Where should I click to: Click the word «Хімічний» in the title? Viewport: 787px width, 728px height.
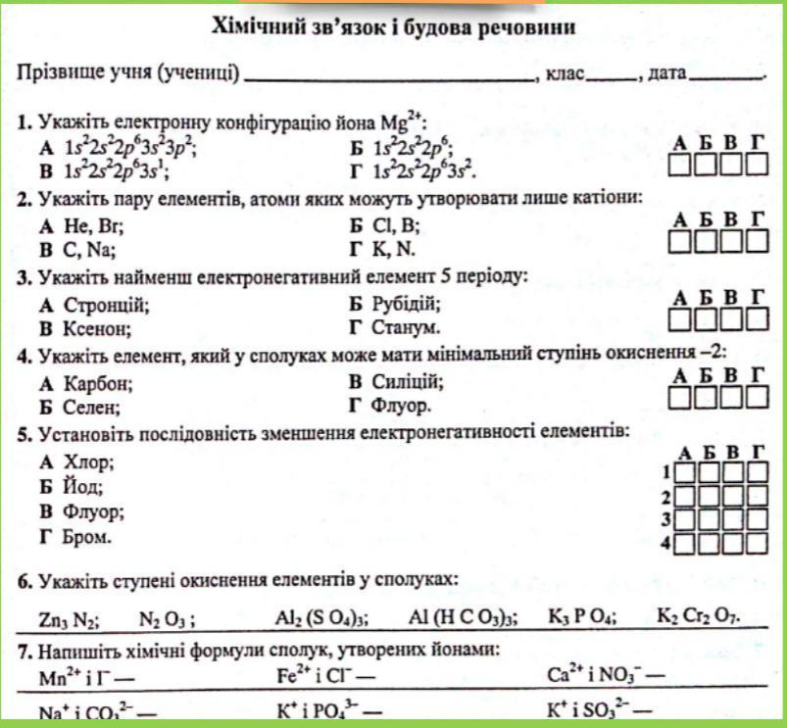tap(256, 28)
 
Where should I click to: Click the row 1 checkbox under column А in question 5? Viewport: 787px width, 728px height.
tap(687, 473)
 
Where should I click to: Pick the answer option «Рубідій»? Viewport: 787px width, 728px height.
tap(406, 304)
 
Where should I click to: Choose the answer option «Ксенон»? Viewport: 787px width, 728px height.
tap(94, 326)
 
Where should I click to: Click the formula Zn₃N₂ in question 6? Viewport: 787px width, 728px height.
tap(65, 618)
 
